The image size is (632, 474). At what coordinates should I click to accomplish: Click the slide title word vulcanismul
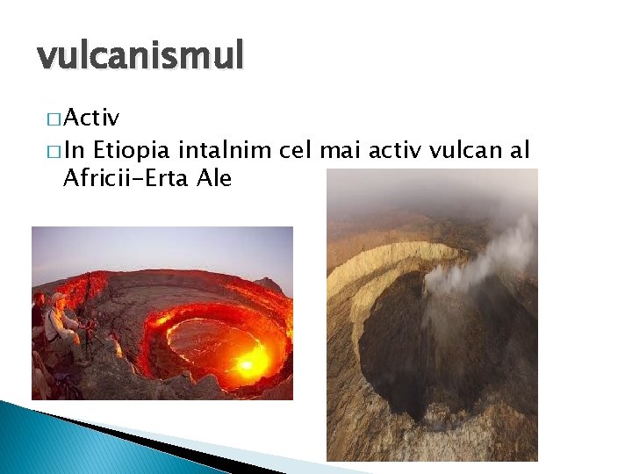click(140, 57)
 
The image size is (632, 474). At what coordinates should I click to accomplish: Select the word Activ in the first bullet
click(91, 118)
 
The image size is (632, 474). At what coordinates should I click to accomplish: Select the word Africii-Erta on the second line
click(126, 178)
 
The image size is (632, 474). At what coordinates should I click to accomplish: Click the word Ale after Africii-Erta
click(214, 178)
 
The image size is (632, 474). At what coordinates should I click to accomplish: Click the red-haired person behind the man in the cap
click(38, 303)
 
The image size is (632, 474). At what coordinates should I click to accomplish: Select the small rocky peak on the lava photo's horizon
click(268, 284)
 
